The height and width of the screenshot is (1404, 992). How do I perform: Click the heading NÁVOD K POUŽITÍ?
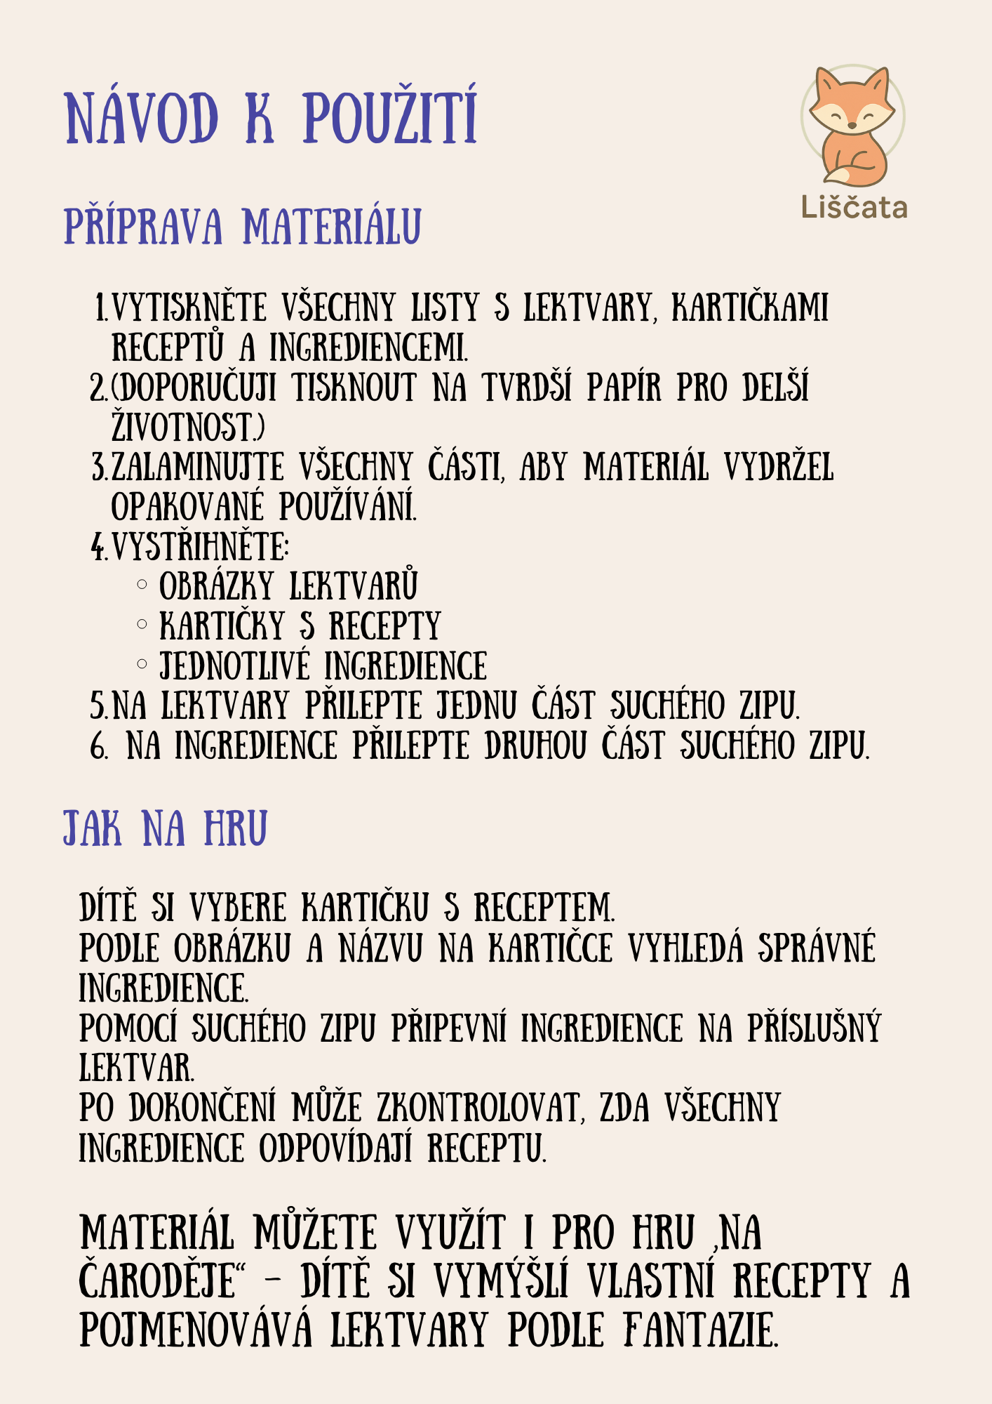(271, 117)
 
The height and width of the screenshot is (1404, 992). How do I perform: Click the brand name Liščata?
(854, 208)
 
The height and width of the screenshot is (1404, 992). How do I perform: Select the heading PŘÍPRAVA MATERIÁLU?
(242, 226)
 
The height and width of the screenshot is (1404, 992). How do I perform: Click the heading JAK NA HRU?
(165, 828)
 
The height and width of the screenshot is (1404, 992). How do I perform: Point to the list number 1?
(100, 308)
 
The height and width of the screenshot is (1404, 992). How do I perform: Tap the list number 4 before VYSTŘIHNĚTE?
(98, 547)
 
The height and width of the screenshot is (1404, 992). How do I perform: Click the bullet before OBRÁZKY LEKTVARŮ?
(142, 584)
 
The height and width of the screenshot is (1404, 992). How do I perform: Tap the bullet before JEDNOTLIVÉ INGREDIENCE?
(142, 663)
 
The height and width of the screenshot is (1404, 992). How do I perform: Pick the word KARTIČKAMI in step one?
(750, 308)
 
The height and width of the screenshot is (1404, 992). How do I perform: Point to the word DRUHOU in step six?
(535, 746)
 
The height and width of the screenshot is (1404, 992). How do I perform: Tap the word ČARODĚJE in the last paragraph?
(159, 1282)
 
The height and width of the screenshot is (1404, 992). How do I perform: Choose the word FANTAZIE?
(699, 1331)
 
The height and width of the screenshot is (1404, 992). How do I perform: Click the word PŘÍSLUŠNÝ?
(813, 1028)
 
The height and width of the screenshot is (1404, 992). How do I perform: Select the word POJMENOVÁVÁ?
(196, 1331)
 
